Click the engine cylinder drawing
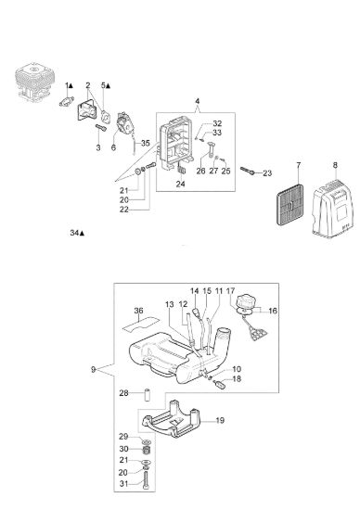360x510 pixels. point(35,83)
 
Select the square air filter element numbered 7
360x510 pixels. point(290,205)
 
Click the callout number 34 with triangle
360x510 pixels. point(77,233)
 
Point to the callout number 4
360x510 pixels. point(198,101)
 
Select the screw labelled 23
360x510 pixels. point(248,171)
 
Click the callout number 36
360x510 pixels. point(138,311)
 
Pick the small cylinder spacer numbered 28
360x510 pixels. point(147,394)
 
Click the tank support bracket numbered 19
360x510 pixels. point(173,419)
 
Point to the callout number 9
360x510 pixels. point(93,370)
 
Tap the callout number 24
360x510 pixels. point(180,184)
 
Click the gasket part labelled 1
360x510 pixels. point(67,101)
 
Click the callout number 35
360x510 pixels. point(145,143)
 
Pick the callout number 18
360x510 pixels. point(237,379)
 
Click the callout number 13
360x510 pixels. point(170,304)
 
